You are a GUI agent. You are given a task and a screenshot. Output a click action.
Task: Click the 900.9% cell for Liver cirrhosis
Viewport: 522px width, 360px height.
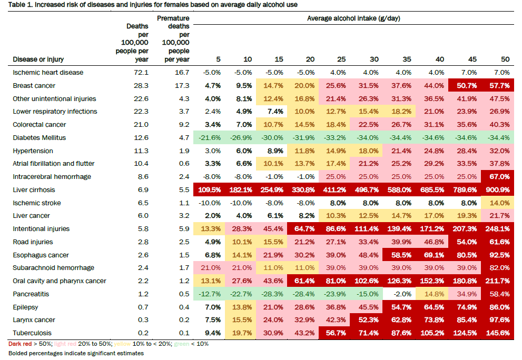[x=499, y=189]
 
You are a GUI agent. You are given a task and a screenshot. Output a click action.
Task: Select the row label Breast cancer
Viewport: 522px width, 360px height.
[x=34, y=85]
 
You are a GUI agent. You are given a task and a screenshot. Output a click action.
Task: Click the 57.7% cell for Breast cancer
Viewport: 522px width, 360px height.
[x=499, y=85]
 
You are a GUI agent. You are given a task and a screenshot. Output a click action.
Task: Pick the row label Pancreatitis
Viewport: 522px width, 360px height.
[x=31, y=294]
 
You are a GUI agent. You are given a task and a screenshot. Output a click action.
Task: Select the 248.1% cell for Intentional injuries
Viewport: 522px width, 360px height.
[x=499, y=229]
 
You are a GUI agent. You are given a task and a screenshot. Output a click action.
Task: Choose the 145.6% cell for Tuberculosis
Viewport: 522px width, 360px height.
[x=499, y=333]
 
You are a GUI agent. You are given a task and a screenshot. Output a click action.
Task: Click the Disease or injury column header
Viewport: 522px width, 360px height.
[x=38, y=59]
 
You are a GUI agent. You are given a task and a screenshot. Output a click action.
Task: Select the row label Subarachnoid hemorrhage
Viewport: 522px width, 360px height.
[x=53, y=268]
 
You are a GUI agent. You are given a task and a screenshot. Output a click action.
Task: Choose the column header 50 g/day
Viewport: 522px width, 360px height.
[x=505, y=59]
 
